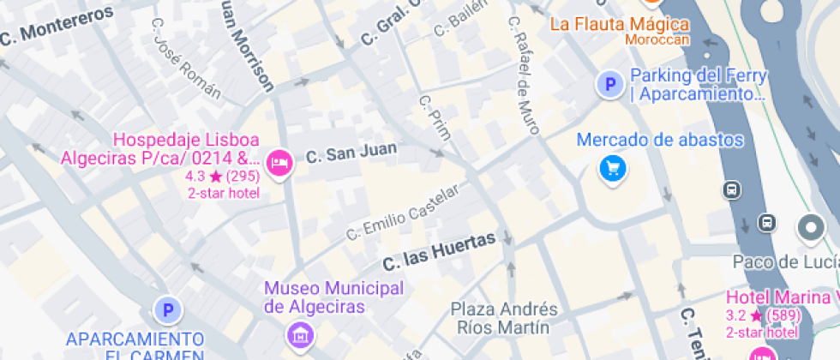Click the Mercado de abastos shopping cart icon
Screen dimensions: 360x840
pyautogui.click(x=612, y=168)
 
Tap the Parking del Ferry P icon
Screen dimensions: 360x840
pyautogui.click(x=610, y=85)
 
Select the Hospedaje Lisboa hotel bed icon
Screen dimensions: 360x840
pyautogui.click(x=279, y=162)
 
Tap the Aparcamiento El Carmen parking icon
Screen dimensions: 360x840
pyautogui.click(x=168, y=310)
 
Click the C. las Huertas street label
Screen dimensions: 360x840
pyautogui.click(x=439, y=250)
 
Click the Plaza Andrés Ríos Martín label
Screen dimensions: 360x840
pyautogui.click(x=504, y=318)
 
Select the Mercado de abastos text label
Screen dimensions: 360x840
pyautogui.click(x=660, y=140)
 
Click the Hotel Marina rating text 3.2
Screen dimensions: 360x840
pyautogui.click(x=736, y=315)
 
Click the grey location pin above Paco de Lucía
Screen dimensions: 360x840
pyautogui.click(x=810, y=228)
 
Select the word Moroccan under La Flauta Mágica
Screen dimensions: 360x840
pyautogui.click(x=657, y=39)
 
